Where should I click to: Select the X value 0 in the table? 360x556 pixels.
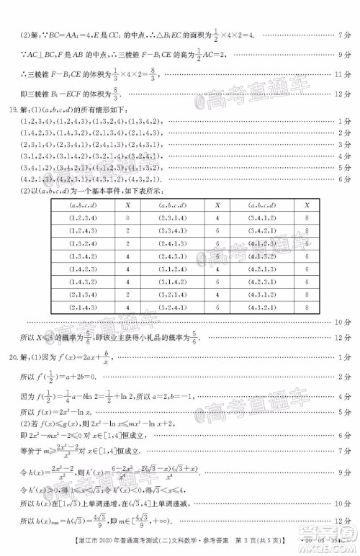point(127,217)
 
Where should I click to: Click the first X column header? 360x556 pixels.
point(127,204)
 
